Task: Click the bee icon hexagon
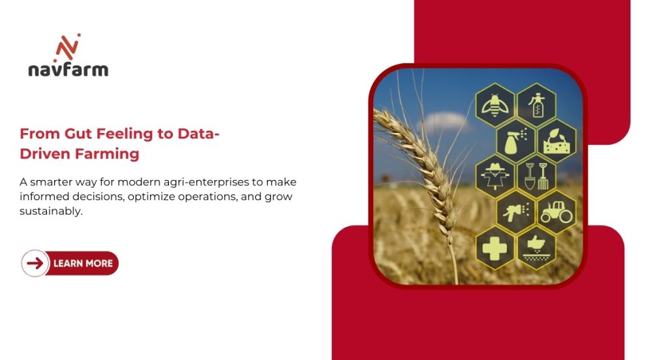coord(495,104)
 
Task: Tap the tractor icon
coord(556,212)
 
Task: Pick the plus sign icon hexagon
coord(495,248)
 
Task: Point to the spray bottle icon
coord(515,140)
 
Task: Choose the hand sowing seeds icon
coord(536,248)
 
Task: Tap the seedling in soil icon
coord(556,140)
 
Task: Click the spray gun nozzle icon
coord(515,212)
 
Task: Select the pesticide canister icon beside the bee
coord(536,104)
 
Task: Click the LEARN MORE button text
coord(83,263)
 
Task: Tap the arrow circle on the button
coord(35,263)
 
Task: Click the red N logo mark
coord(68,47)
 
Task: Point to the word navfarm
coord(68,70)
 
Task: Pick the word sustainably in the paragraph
coord(52,211)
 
